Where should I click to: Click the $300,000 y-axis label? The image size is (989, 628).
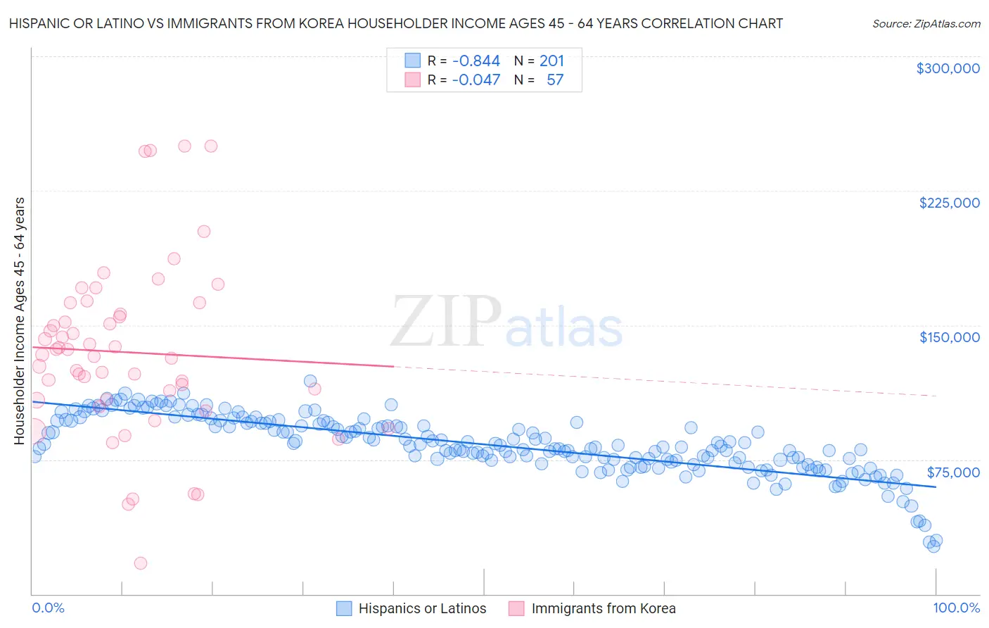(x=947, y=68)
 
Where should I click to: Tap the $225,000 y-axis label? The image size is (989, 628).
(x=949, y=203)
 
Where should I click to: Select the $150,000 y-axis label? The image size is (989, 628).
(x=949, y=337)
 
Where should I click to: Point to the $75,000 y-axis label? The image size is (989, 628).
(x=953, y=472)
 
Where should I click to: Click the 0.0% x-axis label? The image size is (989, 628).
(x=48, y=608)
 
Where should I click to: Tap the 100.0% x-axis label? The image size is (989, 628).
(x=956, y=608)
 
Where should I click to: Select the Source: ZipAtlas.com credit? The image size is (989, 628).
(x=926, y=23)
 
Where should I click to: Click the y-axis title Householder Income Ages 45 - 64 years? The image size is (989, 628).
(x=20, y=321)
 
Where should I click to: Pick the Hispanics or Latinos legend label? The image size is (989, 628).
(x=422, y=608)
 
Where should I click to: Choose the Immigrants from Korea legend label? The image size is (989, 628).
(x=603, y=608)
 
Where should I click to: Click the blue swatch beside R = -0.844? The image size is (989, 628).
(x=412, y=61)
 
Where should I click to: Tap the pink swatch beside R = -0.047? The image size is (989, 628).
(x=412, y=80)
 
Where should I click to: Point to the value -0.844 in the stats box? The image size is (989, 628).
(x=476, y=61)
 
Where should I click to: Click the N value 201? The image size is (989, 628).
(x=551, y=61)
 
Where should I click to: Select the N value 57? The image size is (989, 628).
(x=555, y=80)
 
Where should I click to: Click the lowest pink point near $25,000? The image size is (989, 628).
(x=141, y=563)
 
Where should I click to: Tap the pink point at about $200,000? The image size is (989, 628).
(x=204, y=231)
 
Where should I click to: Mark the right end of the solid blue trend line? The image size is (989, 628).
(x=936, y=486)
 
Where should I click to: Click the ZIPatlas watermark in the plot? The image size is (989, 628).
(x=506, y=321)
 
